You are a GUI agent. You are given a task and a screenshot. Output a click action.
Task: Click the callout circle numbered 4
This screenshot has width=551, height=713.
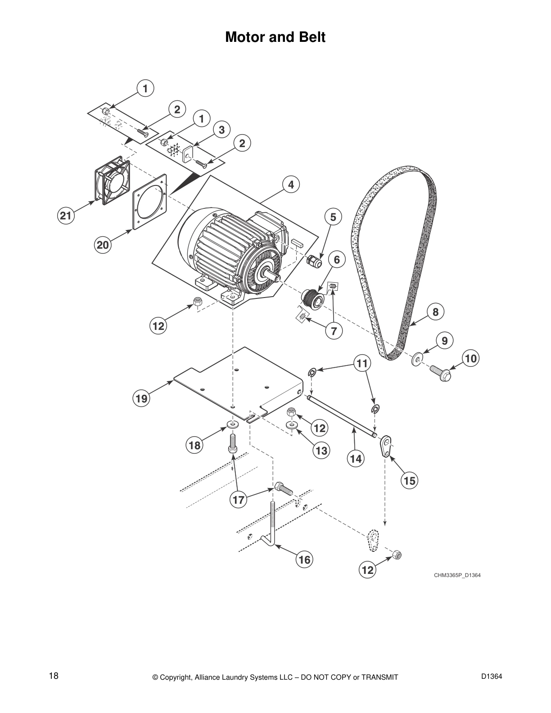point(291,185)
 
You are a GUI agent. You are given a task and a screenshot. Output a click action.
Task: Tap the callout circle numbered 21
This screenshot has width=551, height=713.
point(66,216)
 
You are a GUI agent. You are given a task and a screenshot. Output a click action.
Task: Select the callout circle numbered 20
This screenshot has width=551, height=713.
point(103,245)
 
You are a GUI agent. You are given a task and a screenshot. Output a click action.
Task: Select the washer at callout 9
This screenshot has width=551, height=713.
point(417,359)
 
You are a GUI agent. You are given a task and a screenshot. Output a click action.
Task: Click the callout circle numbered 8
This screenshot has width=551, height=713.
point(435,311)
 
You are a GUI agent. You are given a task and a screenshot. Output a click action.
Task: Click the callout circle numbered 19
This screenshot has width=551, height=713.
point(142,398)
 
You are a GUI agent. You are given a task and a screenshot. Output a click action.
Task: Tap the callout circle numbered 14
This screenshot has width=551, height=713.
point(356,458)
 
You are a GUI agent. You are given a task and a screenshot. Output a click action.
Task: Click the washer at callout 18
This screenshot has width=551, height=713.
point(233,424)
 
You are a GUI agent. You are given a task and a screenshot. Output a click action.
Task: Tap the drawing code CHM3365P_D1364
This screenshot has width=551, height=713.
point(457,575)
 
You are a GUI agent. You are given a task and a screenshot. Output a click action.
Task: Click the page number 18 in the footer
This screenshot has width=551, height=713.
point(54,676)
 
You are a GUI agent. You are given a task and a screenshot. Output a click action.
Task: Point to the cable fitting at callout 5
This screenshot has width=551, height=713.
point(312,261)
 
